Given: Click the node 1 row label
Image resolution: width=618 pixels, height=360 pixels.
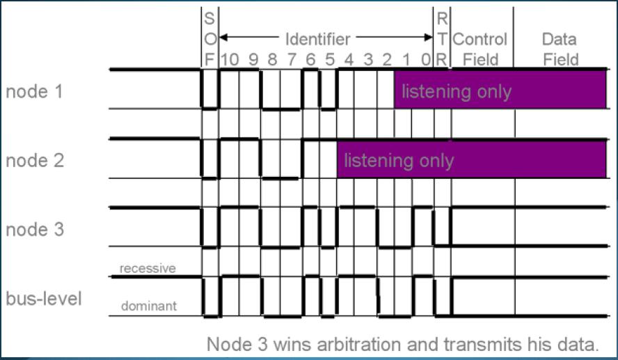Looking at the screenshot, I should point(35,91).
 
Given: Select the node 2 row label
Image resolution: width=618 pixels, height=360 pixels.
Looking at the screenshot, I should point(35,160).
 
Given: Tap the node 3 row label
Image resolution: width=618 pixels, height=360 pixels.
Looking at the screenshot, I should point(35,229).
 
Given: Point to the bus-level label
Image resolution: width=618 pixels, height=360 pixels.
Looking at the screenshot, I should point(44,299).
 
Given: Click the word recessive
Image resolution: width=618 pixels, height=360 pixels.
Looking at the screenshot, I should point(147,268).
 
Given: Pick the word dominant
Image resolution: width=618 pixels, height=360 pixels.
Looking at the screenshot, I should point(147,306).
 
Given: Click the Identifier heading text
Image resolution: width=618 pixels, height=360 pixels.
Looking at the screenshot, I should point(317,38).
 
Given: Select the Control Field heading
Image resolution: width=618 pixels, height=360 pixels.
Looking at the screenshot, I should point(480,49).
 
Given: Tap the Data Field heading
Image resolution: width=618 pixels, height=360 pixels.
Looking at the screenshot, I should point(561,49).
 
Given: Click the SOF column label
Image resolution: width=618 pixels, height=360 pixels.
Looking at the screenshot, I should point(209,38).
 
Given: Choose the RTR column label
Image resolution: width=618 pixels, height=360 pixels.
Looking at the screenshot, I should point(441,38).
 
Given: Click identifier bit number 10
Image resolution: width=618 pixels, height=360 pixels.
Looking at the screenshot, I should point(230,59).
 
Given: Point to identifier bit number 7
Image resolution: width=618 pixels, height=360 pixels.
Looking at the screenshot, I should point(292,59).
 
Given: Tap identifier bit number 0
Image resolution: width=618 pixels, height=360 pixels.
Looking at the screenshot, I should point(425,59).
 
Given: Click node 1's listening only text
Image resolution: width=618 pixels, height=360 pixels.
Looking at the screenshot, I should point(457,91).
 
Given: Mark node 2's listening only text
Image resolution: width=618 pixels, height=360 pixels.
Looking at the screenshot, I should point(399,161).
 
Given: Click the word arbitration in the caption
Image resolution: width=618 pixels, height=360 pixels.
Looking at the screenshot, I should point(358,343).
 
